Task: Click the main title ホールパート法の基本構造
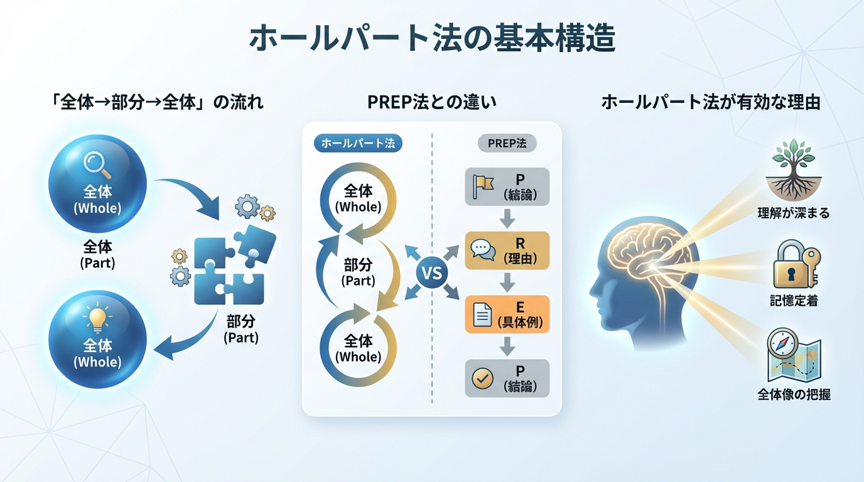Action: [x=432, y=39]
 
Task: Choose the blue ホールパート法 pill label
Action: [x=357, y=143]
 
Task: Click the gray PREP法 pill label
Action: [x=507, y=143]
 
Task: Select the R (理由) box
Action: [x=507, y=250]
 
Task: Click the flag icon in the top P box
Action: [x=483, y=186]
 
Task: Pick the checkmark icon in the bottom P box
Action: [x=482, y=378]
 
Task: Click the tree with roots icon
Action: [x=793, y=170]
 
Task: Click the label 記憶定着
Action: [x=794, y=302]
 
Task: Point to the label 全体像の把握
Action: [x=794, y=395]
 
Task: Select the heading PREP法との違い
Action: [x=432, y=102]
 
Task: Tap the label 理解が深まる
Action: [x=794, y=213]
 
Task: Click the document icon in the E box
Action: [x=482, y=314]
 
